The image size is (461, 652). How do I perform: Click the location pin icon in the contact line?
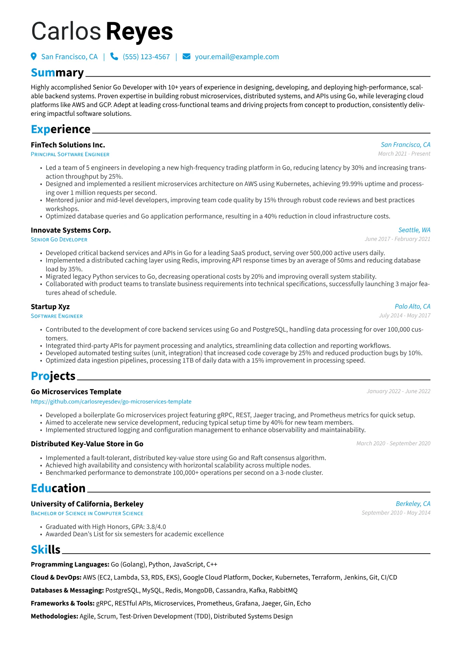pos(34,57)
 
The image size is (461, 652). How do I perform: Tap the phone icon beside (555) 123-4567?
pos(114,57)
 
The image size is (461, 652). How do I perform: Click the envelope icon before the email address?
pos(186,57)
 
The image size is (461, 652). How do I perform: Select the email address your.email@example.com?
pos(237,57)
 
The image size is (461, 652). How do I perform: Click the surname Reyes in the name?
pos(139,31)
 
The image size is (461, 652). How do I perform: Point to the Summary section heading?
pos(57,73)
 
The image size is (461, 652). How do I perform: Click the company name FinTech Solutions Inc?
pos(68,145)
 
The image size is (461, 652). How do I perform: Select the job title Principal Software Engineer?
pos(70,154)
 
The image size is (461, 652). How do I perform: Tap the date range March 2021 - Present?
pos(404,154)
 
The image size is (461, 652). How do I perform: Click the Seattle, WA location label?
pos(414,230)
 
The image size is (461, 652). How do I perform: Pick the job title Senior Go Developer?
pos(59,239)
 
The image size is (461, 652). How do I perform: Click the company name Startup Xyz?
pos(50,307)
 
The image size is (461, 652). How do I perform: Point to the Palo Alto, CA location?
pos(412,306)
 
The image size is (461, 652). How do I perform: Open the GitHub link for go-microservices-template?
pos(111,402)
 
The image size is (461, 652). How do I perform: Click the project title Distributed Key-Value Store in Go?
pos(87,444)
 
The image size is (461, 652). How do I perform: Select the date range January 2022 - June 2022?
pos(398,391)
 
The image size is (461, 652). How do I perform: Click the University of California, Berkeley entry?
pos(87,504)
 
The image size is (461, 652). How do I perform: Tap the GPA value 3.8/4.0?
pos(156,527)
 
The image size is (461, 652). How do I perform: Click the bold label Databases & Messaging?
pos(67,590)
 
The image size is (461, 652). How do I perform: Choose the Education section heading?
pos(58,489)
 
